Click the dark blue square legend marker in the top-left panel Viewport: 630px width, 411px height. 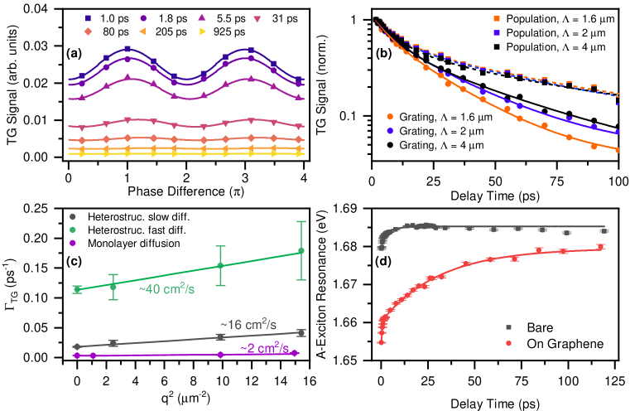point(88,17)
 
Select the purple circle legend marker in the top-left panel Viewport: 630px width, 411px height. point(144,17)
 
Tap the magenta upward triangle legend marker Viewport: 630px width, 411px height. point(201,17)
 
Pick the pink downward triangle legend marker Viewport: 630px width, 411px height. point(257,18)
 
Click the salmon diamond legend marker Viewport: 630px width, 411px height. point(88,31)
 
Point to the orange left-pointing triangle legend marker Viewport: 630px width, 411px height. point(144,31)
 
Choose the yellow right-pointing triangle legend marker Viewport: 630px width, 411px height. point(202,31)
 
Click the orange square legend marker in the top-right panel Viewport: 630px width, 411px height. point(497,18)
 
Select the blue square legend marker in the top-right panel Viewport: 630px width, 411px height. point(497,32)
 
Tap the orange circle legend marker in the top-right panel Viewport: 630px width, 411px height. point(390,117)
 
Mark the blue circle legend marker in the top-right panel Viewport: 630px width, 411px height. point(390,131)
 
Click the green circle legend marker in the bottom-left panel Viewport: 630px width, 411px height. point(73,230)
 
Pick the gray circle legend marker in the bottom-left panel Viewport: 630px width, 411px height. point(73,216)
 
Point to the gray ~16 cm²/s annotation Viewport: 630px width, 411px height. point(248,324)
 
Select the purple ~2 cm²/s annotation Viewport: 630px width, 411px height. point(264,348)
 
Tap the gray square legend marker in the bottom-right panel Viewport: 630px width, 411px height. point(508,327)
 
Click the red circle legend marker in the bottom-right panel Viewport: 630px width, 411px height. point(508,342)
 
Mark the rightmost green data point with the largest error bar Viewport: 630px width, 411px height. point(301,250)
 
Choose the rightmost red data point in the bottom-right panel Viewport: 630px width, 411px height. point(601,247)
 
